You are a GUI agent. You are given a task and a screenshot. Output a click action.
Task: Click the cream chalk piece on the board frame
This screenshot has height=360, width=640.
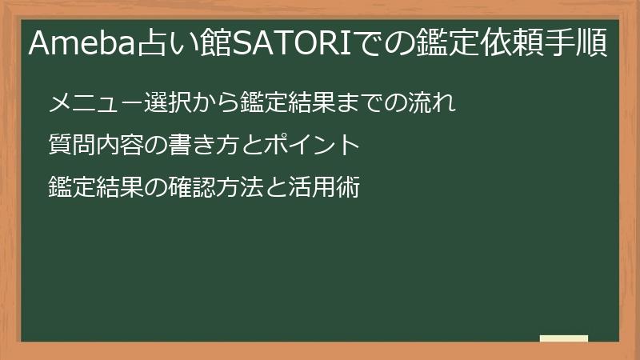pos(563,338)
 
